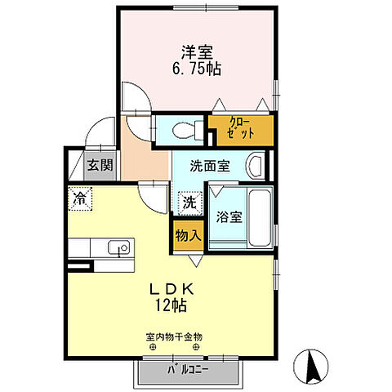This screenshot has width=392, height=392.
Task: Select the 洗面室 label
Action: pyautogui.click(x=211, y=164)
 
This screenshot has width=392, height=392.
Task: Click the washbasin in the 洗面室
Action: pyautogui.click(x=256, y=167)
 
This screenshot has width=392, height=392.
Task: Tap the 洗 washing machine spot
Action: pyautogui.click(x=188, y=202)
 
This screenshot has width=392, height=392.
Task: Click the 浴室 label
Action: pyautogui.click(x=227, y=218)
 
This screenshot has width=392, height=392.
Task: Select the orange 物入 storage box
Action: pyautogui.click(x=187, y=235)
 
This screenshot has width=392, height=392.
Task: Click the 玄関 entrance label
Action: pyautogui.click(x=100, y=165)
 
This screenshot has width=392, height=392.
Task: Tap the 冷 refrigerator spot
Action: pyautogui.click(x=80, y=198)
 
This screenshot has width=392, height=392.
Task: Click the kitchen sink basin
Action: pyautogui.click(x=119, y=247)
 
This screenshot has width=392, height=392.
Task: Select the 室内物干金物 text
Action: pyautogui.click(x=173, y=336)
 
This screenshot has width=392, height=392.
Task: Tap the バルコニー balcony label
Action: pyautogui.click(x=187, y=368)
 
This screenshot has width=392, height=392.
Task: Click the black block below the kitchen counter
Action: pyautogui.click(x=78, y=266)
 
